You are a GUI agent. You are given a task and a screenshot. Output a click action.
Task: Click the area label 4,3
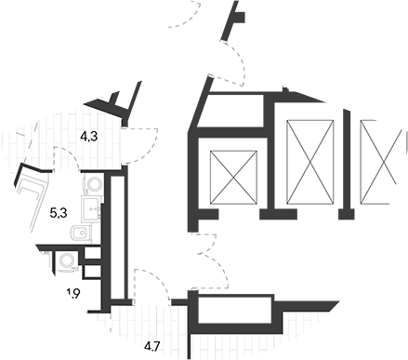89,136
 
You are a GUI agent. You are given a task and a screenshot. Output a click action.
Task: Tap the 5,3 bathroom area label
59,213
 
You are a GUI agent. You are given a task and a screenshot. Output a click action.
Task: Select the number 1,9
73,293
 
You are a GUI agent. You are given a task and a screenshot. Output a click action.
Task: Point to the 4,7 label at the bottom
151,346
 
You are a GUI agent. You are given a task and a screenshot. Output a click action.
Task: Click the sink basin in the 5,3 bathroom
91,208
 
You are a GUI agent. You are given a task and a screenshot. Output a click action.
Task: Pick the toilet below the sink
81,233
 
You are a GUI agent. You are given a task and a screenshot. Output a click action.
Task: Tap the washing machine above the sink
93,183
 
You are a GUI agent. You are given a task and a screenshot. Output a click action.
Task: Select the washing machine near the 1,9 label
67,260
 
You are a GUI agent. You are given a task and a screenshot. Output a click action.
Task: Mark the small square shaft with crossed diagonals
233,178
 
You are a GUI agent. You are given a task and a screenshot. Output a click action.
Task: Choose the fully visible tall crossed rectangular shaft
310,162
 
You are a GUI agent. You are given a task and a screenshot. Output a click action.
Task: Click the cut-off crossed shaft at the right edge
383,162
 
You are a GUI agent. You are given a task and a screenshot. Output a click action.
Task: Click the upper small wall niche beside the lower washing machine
93,253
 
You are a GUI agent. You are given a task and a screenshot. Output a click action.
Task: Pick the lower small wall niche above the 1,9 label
93,272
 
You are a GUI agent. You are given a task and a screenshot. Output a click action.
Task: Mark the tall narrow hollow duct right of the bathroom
117,237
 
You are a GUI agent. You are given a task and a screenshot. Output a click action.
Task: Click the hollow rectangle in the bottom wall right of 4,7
235,310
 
